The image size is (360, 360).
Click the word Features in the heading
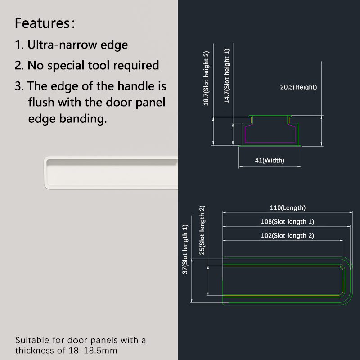[42, 23]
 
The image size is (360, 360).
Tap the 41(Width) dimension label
[270, 160]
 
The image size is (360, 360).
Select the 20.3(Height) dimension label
[298, 87]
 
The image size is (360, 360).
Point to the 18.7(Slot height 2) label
[206, 78]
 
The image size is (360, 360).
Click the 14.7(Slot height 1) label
[227, 76]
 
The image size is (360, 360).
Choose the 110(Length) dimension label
[288, 207]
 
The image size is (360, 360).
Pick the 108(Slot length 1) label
[288, 221]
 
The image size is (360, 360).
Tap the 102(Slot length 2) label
[288, 235]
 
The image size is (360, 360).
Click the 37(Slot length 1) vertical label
[185, 249]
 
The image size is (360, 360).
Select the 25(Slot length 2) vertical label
[202, 230]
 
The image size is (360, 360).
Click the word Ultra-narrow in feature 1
[62, 45]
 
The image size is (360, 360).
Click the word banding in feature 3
[83, 119]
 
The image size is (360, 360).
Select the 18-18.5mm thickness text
[93, 351]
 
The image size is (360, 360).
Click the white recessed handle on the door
[111, 173]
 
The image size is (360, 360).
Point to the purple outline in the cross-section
[270, 142]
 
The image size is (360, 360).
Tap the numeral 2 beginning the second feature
[18, 65]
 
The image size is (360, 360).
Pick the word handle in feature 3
[136, 86]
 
